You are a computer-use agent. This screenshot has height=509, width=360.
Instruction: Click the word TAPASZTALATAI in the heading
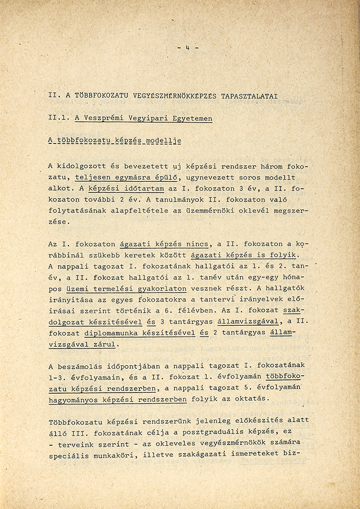[x=249, y=96]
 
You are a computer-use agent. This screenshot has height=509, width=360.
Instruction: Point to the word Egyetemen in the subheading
[x=193, y=118]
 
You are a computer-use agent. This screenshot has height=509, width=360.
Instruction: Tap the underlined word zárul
[x=106, y=344]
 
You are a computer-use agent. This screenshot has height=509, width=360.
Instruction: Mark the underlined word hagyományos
[x=73, y=399]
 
